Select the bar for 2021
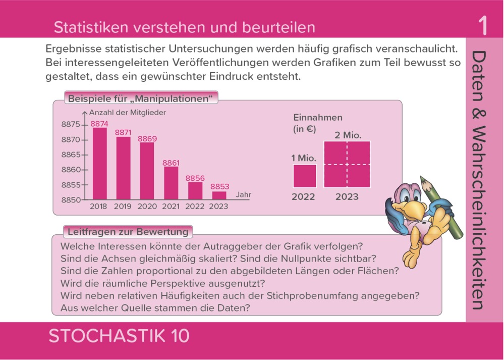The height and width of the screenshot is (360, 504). coord(171,183)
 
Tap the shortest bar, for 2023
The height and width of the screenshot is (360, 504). coord(219,195)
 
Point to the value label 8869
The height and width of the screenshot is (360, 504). coord(147,139)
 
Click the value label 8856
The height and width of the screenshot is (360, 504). coord(195,178)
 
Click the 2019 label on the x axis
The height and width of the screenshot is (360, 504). coord(123,207)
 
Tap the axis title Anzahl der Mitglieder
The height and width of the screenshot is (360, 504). coord(128,113)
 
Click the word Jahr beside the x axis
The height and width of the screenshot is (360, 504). coord(243,194)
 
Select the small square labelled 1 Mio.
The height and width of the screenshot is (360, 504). coord(305,176)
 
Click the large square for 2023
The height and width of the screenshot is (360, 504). coord(347,164)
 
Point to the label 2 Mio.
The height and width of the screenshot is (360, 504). coord(348,135)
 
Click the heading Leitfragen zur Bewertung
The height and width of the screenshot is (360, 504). coord(128,232)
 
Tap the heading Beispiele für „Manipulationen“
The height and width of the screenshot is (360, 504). coord(140,98)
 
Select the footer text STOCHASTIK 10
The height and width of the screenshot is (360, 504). coord(119,336)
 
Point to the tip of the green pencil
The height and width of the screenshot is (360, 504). coord(423,178)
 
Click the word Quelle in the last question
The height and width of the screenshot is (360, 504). coord(133,307)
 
